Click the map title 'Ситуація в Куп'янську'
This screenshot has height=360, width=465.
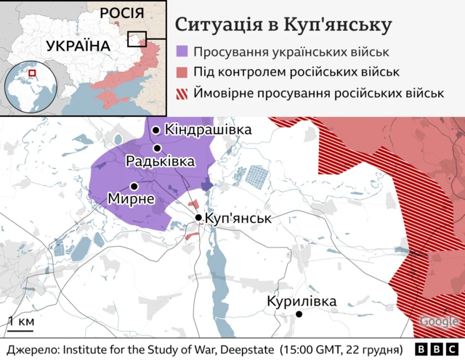(283, 25)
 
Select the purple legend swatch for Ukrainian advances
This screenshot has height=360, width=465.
(182, 52)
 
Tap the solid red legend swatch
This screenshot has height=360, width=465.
(182, 72)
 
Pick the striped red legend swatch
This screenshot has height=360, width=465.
(182, 93)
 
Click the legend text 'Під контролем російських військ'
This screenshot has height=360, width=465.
(296, 72)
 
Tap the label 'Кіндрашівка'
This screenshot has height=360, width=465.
(208, 130)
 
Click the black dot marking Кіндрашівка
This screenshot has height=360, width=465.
(155, 130)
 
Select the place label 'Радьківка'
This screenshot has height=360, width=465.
(160, 161)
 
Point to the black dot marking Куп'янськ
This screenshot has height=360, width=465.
(199, 217)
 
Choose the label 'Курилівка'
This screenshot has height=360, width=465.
(302, 300)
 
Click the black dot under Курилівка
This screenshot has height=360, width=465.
(299, 314)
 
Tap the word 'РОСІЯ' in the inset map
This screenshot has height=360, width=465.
(121, 12)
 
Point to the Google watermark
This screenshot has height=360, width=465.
(439, 322)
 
